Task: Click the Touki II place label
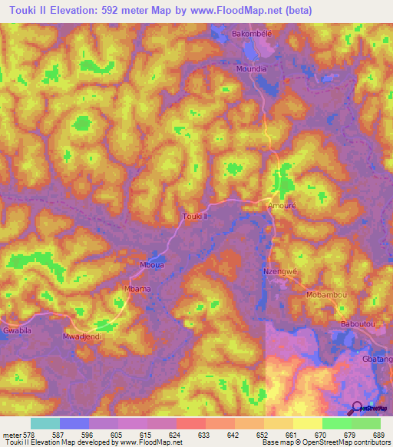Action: (196, 217)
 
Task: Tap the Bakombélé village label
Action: (253, 35)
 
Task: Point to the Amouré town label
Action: (281, 207)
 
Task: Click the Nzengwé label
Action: (279, 271)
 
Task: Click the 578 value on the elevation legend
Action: (29, 435)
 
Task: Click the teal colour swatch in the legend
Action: (45, 423)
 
